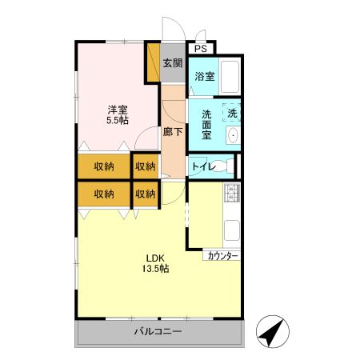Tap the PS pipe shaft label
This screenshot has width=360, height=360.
(x=200, y=49)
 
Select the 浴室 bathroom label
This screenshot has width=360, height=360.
(x=204, y=77)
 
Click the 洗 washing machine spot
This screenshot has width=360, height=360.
(x=232, y=114)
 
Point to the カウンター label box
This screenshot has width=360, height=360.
(x=222, y=256)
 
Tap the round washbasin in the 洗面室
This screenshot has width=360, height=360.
(x=233, y=137)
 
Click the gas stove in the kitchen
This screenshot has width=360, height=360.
(x=233, y=193)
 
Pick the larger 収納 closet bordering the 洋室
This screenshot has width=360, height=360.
(x=102, y=166)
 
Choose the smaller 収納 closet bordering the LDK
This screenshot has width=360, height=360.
(x=145, y=193)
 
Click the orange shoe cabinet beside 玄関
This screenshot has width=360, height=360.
(x=153, y=62)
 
